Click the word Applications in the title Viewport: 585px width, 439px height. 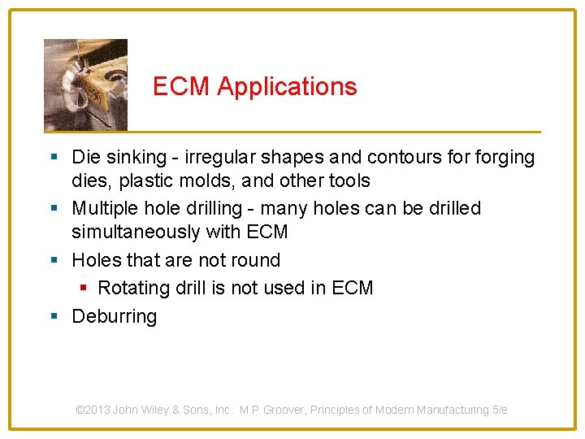coord(287,87)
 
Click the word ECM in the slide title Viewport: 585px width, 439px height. coord(182,87)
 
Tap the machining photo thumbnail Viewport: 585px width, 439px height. coord(85,85)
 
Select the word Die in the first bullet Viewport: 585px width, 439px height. coord(86,157)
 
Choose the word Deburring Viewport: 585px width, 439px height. coord(115,316)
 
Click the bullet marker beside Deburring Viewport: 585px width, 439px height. coord(54,316)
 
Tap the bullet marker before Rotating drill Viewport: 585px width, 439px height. coord(83,288)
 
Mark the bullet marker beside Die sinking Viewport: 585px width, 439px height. coord(54,157)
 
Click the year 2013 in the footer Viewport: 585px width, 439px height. coord(98,411)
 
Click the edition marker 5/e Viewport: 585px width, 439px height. coord(500,411)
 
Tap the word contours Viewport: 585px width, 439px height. coord(405,157)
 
